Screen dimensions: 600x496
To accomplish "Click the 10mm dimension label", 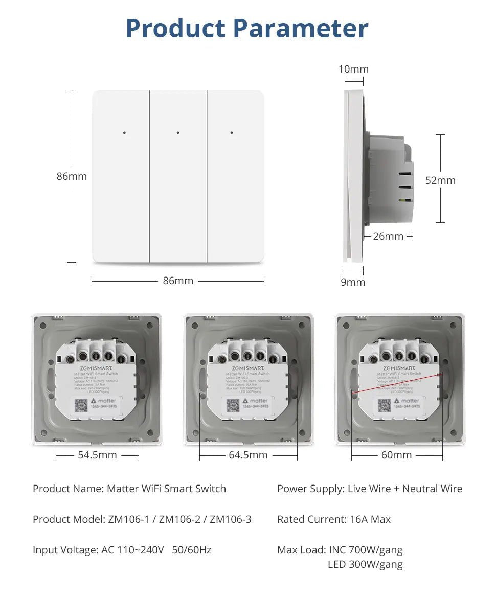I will [x=353, y=69].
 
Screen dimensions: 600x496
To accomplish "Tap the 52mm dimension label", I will [x=440, y=180].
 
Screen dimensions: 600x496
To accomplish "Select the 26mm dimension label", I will [x=388, y=236].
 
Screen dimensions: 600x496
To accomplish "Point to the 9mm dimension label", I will [x=353, y=282].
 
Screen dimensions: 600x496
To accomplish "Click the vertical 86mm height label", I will [x=72, y=176].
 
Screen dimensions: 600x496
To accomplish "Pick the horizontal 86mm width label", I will [x=178, y=281].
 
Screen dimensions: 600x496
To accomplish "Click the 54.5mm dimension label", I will [x=97, y=455].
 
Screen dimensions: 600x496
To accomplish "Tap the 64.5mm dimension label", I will [x=248, y=455].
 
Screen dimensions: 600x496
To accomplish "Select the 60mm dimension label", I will [x=396, y=455].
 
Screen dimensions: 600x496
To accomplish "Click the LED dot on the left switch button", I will [x=124, y=133].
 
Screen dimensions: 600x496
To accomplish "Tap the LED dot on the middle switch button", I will [x=178, y=133].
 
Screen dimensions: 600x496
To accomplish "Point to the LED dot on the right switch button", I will [x=232, y=133].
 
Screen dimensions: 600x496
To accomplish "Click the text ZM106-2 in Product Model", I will [x=179, y=519].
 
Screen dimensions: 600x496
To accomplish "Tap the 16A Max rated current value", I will [x=370, y=519].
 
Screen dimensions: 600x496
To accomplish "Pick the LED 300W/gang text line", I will [x=365, y=564].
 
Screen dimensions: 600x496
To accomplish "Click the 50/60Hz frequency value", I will [x=192, y=550].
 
